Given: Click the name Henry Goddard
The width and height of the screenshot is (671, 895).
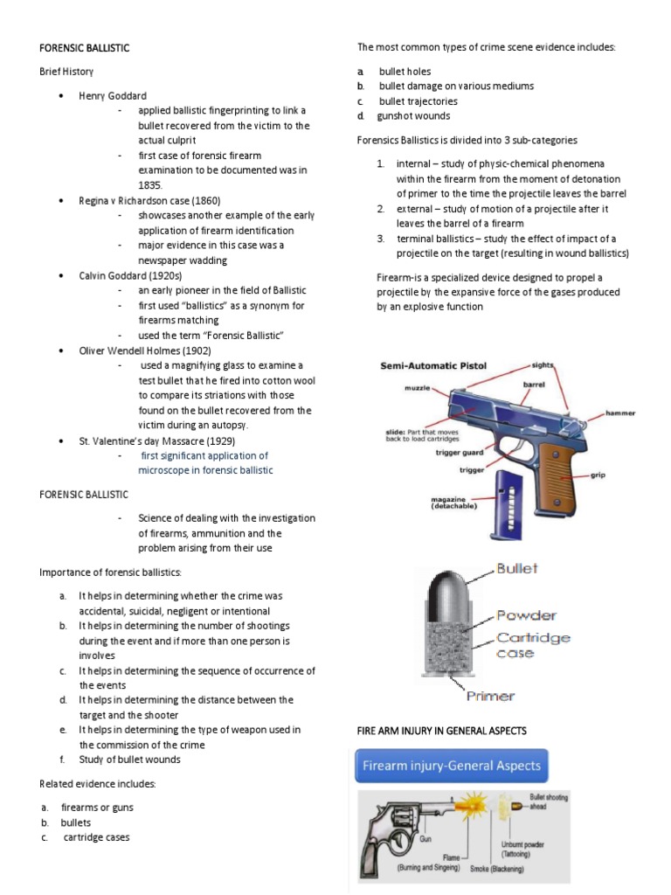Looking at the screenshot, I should point(113,95).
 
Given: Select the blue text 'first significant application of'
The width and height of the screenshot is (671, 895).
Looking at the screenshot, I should point(204,455).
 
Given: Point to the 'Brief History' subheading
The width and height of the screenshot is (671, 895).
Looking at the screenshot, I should point(66,71).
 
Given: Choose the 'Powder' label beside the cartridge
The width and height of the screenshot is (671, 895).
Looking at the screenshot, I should point(526,615).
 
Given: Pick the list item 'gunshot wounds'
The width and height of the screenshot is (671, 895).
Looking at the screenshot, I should point(413,115).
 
